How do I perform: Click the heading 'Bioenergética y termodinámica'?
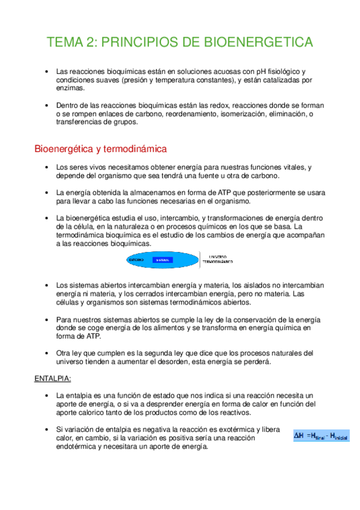click(100, 148)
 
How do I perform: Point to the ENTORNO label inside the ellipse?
click(138, 260)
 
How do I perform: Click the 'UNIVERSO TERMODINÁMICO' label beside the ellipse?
click(218, 260)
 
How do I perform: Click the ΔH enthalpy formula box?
click(320, 435)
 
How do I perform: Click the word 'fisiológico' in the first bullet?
click(281, 72)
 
